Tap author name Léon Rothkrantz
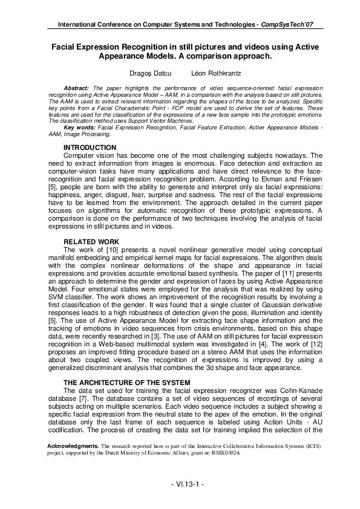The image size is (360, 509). pyautogui.click(x=205, y=73)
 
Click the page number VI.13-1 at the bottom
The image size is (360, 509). pyautogui.click(x=180, y=484)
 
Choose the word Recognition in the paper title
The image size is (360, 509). pyautogui.click(x=143, y=47)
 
